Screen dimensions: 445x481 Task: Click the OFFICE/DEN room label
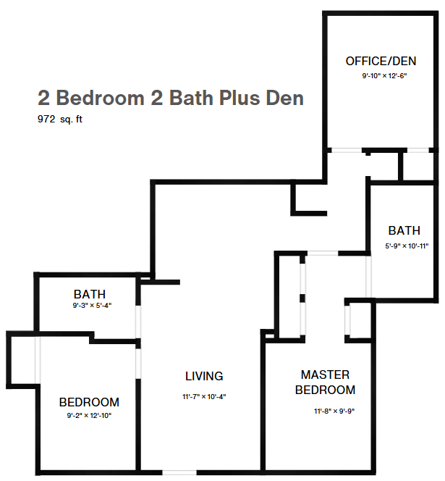381,62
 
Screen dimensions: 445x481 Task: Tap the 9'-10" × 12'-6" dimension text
385,76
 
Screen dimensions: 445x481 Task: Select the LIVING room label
204,376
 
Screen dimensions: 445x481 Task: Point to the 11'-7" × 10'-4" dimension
204,397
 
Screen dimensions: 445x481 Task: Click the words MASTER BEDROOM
325,382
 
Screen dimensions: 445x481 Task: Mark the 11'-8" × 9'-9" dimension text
334,411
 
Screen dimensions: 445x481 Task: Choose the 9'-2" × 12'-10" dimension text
89,416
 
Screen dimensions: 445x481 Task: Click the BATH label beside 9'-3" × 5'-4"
90,294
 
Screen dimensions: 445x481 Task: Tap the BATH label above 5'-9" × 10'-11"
404,230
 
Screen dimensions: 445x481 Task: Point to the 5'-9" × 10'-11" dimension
407,246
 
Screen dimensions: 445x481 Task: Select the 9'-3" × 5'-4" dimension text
92,306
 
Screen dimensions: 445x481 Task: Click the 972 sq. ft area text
60,119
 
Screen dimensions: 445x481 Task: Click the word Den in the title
284,98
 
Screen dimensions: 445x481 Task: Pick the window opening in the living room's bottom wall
179,472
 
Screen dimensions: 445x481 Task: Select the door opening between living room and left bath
138,322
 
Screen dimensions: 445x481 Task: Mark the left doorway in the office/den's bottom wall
347,151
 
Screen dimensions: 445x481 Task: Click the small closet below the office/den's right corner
418,167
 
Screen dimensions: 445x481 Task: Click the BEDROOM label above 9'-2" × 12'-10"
89,402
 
